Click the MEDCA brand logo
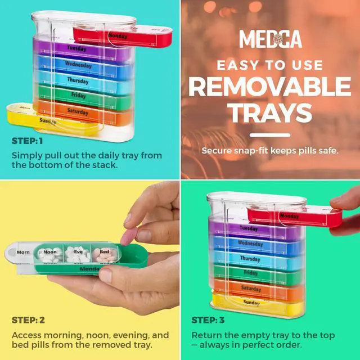coord(271,39)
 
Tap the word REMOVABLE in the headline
coord(270,87)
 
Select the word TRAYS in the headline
coord(269,112)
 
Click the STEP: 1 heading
coord(28,141)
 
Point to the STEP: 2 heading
coord(28,320)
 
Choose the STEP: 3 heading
coord(208,320)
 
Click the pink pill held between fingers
coord(128,236)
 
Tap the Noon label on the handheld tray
coord(50,252)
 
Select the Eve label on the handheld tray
coord(78,251)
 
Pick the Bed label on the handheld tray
coord(105,251)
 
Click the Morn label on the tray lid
coord(23,252)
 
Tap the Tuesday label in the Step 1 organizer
coord(76,48)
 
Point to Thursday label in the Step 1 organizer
coord(78,80)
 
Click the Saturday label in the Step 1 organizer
coord(78,111)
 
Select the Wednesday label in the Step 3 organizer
coord(250,244)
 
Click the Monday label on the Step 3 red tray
coord(289,216)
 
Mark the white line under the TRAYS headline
coord(270,135)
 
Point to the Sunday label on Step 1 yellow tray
coord(48,121)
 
